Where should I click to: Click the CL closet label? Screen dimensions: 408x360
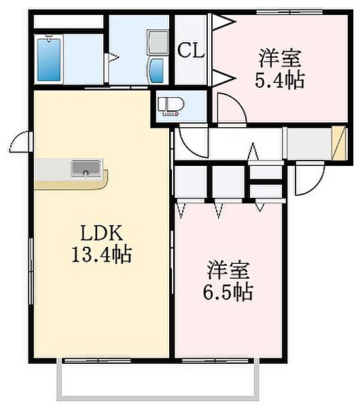pyautogui.click(x=191, y=50)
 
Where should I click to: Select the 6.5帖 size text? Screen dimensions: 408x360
pyautogui.click(x=230, y=292)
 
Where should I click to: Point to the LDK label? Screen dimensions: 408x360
pyautogui.click(x=102, y=233)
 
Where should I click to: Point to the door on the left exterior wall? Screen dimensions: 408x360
pyautogui.click(x=21, y=143)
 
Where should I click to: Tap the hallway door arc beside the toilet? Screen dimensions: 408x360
pyautogui.click(x=191, y=141)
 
